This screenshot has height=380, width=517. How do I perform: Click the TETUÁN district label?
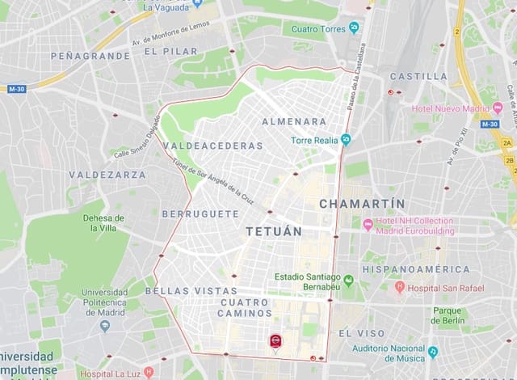(273, 231)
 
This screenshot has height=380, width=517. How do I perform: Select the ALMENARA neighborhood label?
(294, 121)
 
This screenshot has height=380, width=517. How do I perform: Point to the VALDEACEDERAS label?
(213, 146)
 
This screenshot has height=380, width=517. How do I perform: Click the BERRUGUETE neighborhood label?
(200, 214)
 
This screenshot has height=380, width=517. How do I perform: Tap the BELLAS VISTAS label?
(191, 290)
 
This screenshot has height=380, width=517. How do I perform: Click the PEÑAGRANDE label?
(90, 56)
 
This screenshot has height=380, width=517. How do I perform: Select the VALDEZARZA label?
(107, 174)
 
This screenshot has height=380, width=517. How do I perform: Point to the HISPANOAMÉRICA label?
(416, 269)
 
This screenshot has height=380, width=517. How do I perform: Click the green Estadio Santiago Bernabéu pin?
(348, 281)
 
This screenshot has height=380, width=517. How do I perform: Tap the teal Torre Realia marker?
(346, 139)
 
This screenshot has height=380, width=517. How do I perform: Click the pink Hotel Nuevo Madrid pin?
(498, 108)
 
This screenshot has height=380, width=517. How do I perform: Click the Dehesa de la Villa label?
(103, 222)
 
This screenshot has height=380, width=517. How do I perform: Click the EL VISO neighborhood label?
(355, 333)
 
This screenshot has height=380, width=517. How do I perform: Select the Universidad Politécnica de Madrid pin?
(104, 326)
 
